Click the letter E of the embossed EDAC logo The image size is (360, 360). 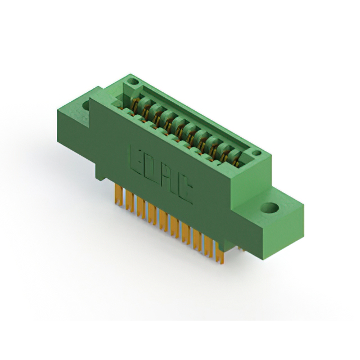(137, 159)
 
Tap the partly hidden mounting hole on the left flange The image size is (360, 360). (85, 106)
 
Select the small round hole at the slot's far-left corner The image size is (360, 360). (133, 81)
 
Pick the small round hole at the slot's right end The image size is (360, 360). (256, 152)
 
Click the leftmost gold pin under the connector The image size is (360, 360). (119, 195)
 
